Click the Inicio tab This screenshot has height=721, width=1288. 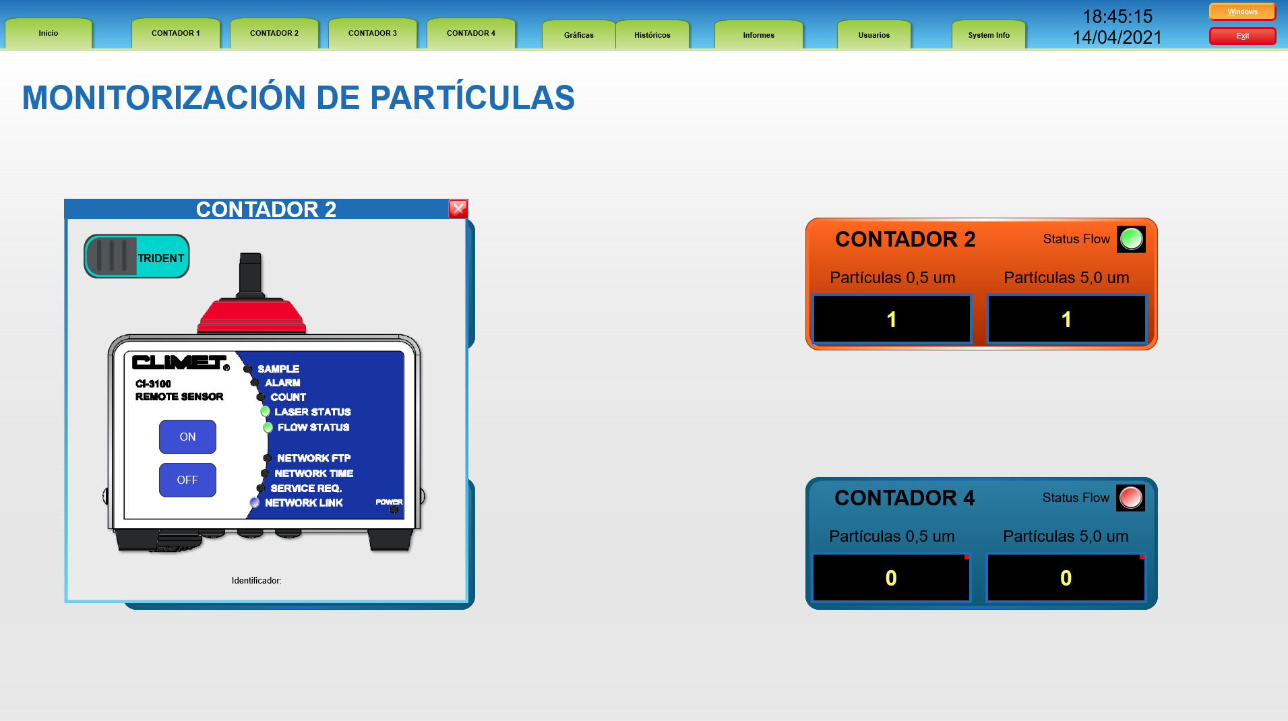point(49,33)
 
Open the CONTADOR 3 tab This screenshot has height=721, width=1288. point(373,33)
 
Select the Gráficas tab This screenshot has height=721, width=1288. point(579,35)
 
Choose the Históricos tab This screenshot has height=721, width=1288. point(652,35)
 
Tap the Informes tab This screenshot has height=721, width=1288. point(759,35)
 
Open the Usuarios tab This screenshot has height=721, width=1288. point(874,35)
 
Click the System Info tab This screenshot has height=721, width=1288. point(989,35)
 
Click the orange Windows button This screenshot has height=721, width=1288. point(1242,11)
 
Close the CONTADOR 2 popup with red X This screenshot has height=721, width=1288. point(458,209)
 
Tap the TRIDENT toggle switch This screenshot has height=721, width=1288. point(137,256)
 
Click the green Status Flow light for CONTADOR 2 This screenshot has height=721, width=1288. point(1131,239)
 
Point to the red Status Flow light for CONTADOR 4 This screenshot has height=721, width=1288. point(1130,498)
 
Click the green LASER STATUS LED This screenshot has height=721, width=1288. point(265,411)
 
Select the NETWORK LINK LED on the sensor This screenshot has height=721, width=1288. point(254,502)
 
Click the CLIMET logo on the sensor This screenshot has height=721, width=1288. point(181,363)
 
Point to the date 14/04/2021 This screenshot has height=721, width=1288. point(1117,37)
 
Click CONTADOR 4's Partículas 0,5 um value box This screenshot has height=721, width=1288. point(891,577)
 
